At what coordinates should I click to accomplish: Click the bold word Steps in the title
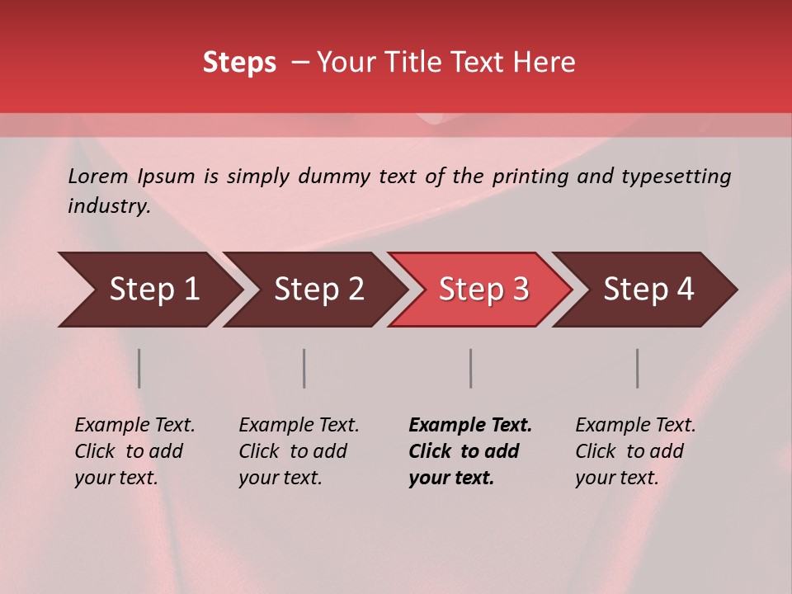pos(239,63)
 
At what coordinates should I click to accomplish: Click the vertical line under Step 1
pos(139,368)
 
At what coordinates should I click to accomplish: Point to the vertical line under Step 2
pos(304,368)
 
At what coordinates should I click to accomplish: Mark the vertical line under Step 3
pos(471,368)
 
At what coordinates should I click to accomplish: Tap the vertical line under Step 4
pos(638,368)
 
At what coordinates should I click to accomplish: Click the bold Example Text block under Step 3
pos(470,451)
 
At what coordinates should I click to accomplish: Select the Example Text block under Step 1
pos(134,451)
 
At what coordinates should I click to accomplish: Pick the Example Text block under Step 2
pos(299,451)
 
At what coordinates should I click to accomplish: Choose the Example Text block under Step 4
pos(635,451)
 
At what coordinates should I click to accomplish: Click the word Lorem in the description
pos(98,177)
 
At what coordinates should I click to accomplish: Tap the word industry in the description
pos(109,206)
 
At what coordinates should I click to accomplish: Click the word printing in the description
pos(531,177)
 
